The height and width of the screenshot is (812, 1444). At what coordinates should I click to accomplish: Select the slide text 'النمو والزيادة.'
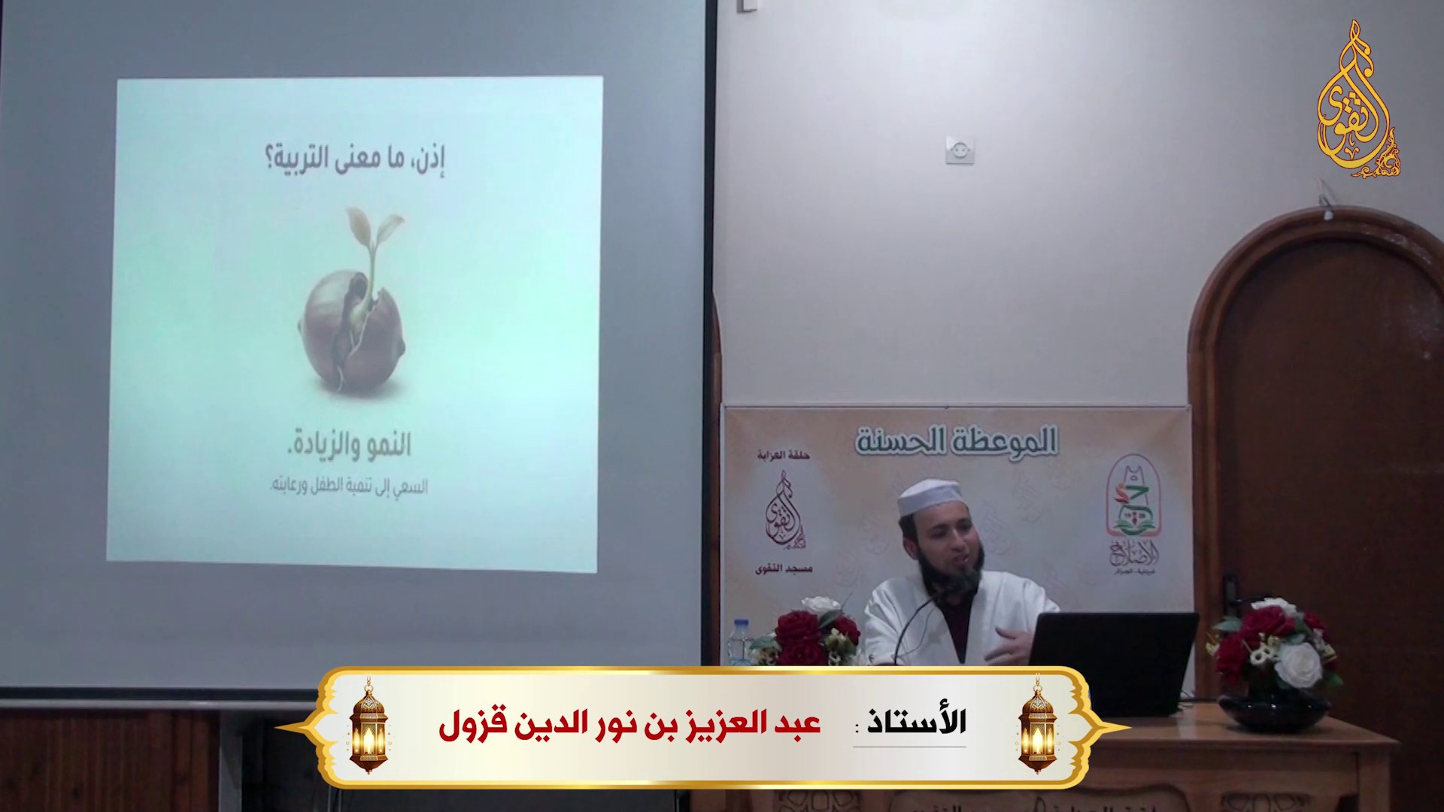pos(350,445)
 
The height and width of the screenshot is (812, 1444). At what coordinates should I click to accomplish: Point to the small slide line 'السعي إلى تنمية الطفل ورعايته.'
pos(348,486)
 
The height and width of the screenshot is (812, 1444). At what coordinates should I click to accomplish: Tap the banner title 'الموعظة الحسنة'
pos(957,441)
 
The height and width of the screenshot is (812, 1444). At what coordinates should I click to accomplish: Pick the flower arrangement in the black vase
pos(1274,654)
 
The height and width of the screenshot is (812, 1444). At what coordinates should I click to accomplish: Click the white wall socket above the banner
pos(960,150)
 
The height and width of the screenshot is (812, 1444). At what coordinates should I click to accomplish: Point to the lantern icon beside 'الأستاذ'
pos(1036,724)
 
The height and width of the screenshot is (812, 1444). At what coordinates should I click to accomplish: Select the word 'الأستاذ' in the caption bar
pos(918,722)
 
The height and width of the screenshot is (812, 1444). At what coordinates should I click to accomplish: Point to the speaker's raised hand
pos(1017,644)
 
